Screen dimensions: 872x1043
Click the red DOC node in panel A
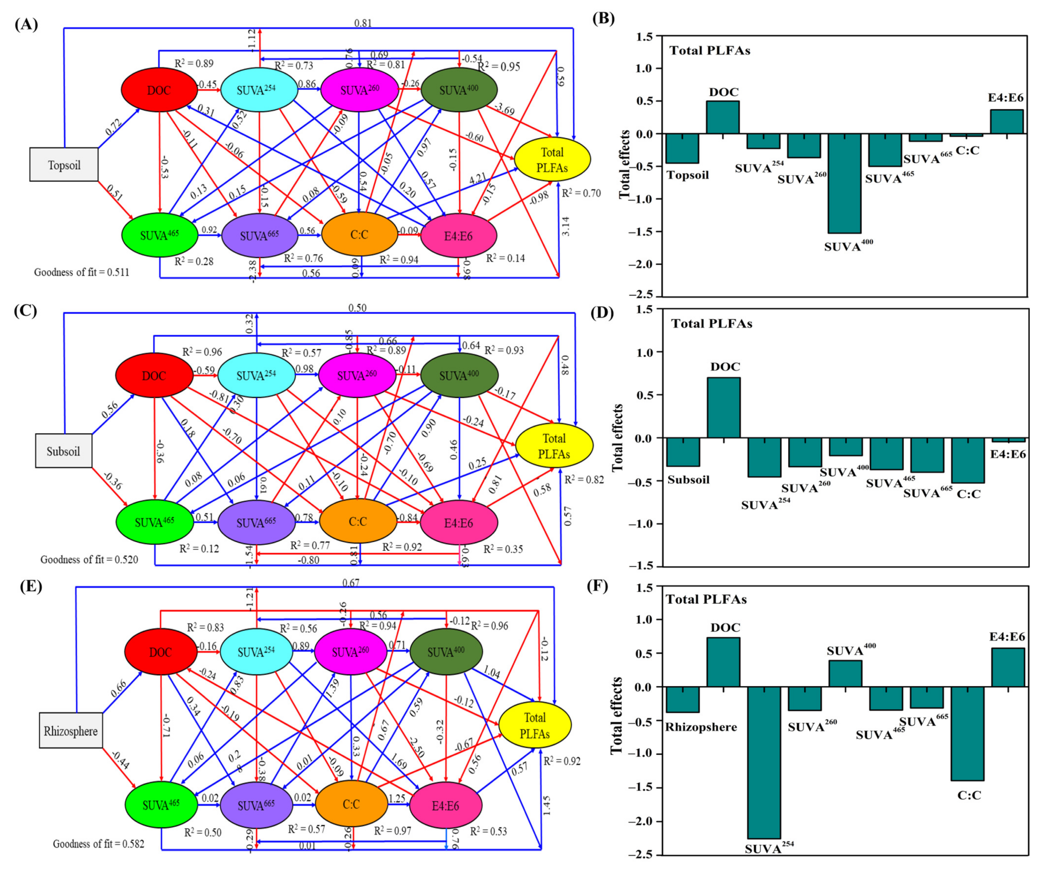point(159,90)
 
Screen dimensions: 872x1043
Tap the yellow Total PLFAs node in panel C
point(554,446)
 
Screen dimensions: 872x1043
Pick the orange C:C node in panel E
point(351,804)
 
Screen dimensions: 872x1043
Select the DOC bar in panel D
point(724,407)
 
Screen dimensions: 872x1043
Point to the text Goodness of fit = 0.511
point(81,272)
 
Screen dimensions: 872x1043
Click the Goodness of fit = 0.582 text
point(98,844)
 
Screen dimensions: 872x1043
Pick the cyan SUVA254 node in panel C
point(256,376)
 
